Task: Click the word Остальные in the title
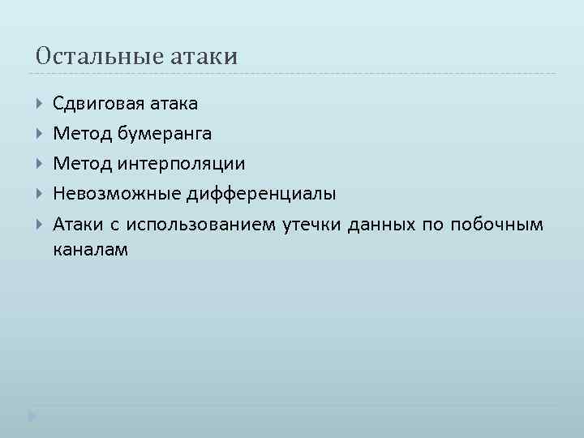tap(100, 56)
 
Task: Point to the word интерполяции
tap(181, 165)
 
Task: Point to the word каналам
tap(90, 251)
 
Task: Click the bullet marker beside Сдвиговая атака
tap(41, 104)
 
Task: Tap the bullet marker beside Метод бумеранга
tap(41, 134)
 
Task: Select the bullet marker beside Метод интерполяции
tap(41, 165)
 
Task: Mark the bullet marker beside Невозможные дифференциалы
tap(41, 195)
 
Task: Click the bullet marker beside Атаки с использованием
tap(41, 225)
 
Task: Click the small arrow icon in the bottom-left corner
tap(31, 415)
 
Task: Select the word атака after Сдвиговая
tap(174, 104)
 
